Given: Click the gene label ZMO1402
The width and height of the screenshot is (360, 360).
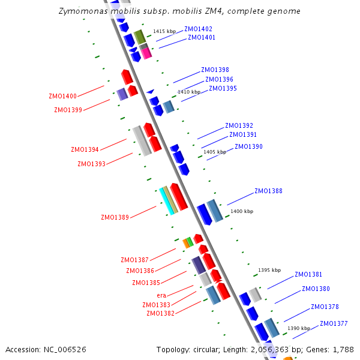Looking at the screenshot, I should [x=198, y=29].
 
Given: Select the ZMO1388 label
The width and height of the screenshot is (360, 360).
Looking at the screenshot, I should [x=268, y=191].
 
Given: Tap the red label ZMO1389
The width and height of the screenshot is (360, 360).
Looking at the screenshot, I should [x=115, y=217].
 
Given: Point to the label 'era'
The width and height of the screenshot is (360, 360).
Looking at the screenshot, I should [x=161, y=295].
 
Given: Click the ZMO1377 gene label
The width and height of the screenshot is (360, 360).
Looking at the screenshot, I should [x=334, y=324].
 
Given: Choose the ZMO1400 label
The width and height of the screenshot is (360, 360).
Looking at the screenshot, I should [x=62, y=96].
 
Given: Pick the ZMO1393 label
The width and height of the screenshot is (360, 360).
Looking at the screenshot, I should [x=91, y=164].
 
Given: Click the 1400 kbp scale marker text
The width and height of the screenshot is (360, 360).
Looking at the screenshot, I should [x=242, y=211].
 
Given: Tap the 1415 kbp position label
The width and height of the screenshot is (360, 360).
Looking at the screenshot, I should [x=164, y=31].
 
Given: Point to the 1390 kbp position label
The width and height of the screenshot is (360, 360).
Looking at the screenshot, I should [x=299, y=328].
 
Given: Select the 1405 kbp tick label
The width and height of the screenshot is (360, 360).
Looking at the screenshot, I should [x=215, y=152].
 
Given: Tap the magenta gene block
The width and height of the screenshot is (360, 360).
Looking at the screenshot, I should [x=146, y=53].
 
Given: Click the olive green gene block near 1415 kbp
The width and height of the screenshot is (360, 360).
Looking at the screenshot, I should [x=139, y=37].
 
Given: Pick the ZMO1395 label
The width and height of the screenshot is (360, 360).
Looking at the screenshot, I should [x=223, y=88].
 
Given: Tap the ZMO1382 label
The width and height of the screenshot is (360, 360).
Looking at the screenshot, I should [x=161, y=313].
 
